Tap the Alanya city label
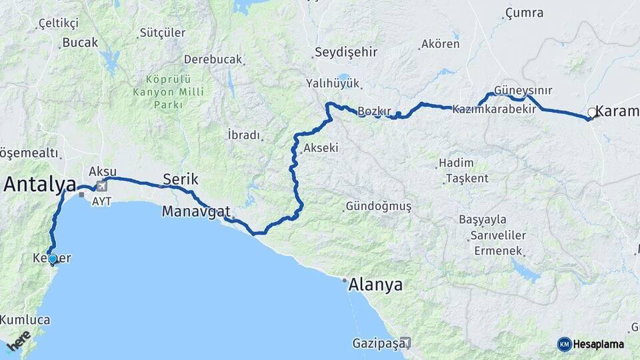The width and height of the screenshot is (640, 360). point(376,285)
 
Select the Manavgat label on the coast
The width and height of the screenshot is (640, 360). point(196,212)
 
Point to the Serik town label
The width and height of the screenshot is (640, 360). point(181,179)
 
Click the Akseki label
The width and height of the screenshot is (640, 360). point(321,149)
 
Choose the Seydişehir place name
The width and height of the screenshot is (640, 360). point(346,52)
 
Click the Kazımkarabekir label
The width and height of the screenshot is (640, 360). point(494,109)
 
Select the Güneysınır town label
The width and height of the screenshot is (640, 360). point(523,91)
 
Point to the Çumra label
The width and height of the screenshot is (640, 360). point(524,13)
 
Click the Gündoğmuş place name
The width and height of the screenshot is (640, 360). point(379,207)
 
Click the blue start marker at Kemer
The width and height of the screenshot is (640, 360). point(52,259)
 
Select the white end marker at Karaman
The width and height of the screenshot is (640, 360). point(591,113)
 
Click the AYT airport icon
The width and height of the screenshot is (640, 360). point(101,186)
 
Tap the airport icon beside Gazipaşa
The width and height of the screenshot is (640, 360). point(405,343)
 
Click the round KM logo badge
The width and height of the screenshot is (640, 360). point(565,344)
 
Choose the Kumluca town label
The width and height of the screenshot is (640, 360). point(25,320)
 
